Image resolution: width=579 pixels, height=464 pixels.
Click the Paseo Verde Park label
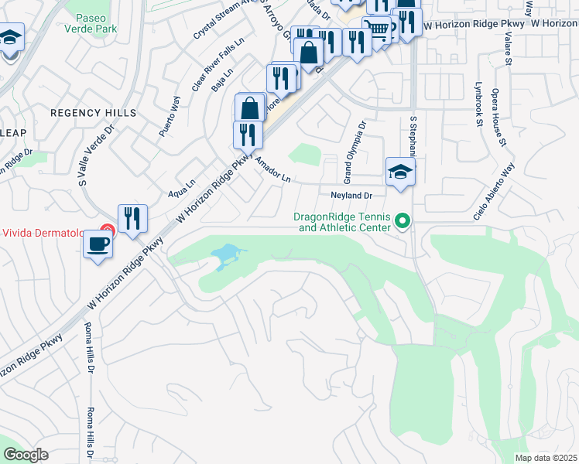pyautogui.click(x=96, y=22)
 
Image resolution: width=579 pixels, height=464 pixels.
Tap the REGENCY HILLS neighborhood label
pyautogui.click(x=93, y=113)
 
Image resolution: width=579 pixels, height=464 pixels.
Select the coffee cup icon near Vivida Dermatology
pyautogui.click(x=98, y=245)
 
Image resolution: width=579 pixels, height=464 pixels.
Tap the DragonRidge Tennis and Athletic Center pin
pyautogui.click(x=402, y=222)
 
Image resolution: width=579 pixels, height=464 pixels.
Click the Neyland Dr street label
pyautogui.click(x=352, y=196)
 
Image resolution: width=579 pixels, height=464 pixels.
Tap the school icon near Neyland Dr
pyautogui.click(x=401, y=172)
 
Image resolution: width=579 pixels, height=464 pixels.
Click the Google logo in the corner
pyautogui.click(x=26, y=455)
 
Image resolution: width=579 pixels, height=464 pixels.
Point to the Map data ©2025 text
pyautogui.click(x=546, y=458)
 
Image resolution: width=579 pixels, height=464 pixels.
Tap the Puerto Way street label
pyautogui.click(x=170, y=116)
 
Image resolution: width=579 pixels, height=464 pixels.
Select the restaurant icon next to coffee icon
pyautogui.click(x=132, y=219)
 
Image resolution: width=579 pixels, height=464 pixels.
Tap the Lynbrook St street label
pyautogui.click(x=478, y=104)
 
